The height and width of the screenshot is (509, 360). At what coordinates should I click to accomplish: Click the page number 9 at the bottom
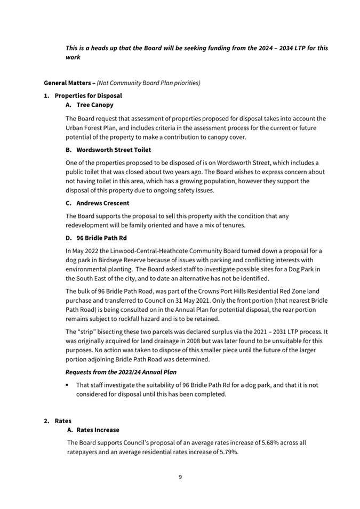(180, 477)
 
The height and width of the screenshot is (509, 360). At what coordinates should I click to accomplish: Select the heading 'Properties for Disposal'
(88, 96)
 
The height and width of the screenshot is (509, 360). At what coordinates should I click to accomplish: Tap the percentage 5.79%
(226, 452)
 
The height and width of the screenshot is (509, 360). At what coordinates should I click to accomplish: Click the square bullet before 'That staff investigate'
(68, 385)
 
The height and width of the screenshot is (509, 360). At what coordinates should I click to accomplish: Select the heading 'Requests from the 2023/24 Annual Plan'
(121, 371)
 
